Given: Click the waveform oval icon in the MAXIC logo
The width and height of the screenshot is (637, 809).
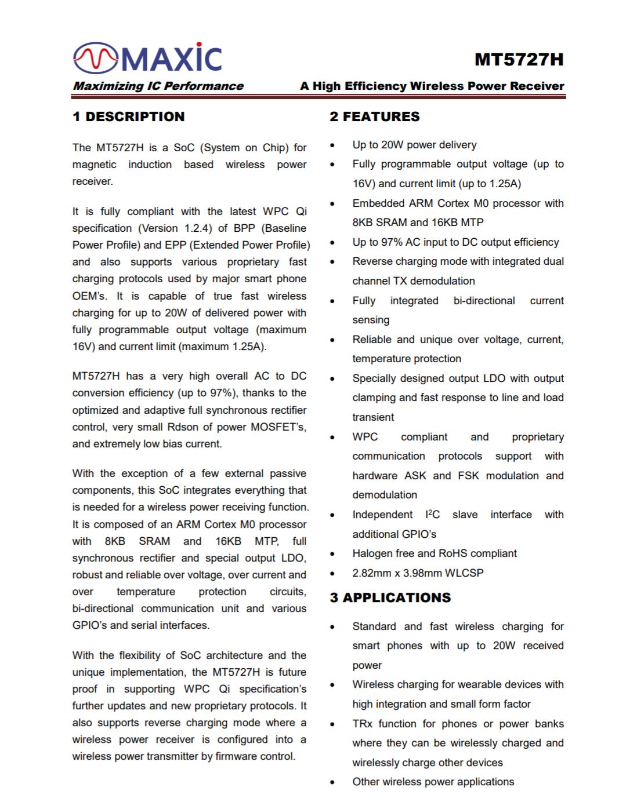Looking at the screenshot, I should click(x=95, y=57).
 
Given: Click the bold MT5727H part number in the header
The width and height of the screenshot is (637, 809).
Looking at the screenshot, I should click(x=519, y=60).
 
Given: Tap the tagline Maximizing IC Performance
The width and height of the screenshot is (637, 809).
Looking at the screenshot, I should click(x=158, y=86).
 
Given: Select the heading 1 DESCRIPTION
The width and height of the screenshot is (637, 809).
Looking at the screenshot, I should click(x=128, y=116).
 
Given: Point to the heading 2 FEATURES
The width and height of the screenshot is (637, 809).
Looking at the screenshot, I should click(x=374, y=116).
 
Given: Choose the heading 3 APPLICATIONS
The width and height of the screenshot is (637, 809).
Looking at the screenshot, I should click(x=390, y=597).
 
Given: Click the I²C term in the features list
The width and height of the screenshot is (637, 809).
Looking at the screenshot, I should click(x=433, y=514).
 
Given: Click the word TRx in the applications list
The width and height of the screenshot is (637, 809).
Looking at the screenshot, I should click(x=362, y=724).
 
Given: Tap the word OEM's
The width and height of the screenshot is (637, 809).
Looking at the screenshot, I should click(x=89, y=296).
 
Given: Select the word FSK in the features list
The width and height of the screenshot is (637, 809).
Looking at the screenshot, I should click(x=469, y=476).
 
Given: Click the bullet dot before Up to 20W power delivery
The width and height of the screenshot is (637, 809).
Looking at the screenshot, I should click(x=332, y=145).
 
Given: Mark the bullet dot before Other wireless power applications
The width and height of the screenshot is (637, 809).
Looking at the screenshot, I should click(x=332, y=782).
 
